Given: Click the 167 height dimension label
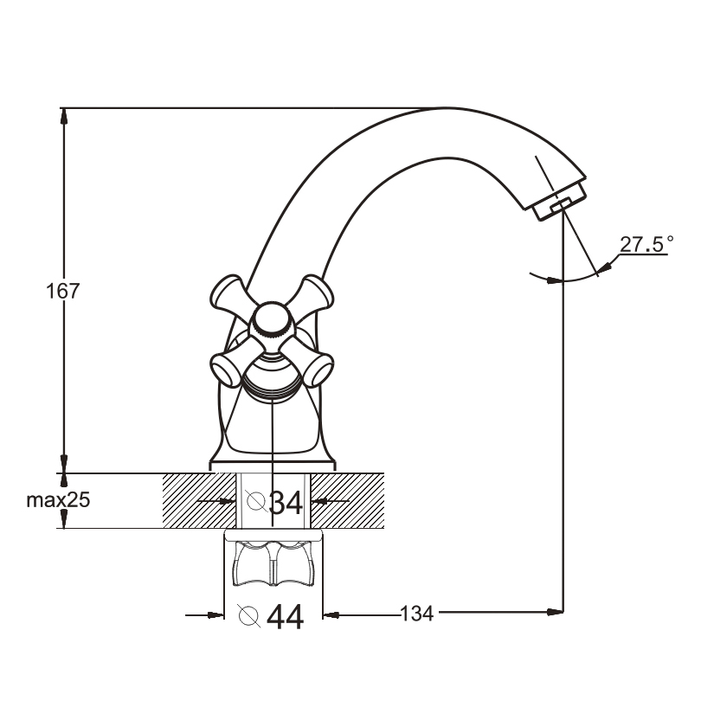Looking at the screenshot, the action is [x=63, y=291].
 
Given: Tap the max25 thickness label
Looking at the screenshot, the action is [x=58, y=500].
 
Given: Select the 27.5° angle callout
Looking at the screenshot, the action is [x=646, y=244].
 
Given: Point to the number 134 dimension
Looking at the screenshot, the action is [x=416, y=614].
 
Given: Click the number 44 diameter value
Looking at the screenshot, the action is [x=286, y=617].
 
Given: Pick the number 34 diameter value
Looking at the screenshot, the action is [x=286, y=503].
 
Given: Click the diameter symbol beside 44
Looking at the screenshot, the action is [x=249, y=616].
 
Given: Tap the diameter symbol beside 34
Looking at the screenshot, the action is [x=256, y=501].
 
